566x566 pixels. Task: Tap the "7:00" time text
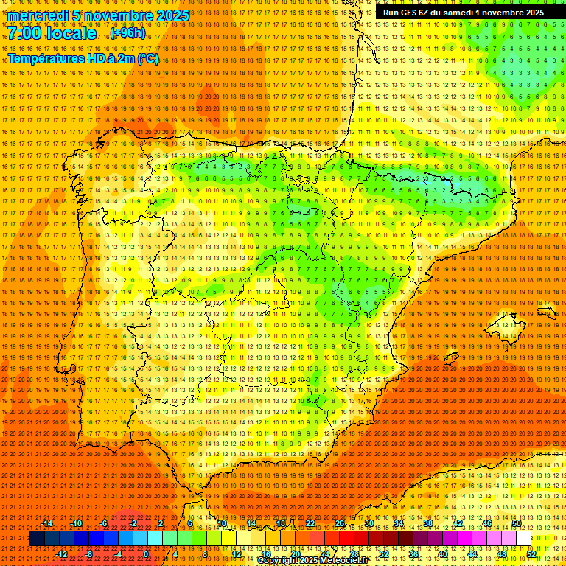(x=26, y=34)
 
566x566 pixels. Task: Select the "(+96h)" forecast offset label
(x=128, y=33)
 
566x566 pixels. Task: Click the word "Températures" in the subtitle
(x=44, y=58)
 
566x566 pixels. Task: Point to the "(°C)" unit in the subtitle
(x=147, y=58)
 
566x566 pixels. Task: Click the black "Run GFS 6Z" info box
(x=463, y=12)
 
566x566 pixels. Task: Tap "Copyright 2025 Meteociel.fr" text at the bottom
(x=323, y=561)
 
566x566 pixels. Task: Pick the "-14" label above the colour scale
(x=47, y=523)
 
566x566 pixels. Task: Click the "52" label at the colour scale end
(x=531, y=554)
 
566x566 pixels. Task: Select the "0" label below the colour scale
(x=146, y=554)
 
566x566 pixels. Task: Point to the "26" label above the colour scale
(x=340, y=523)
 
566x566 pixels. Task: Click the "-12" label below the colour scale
(x=62, y=554)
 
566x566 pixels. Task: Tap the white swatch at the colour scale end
(x=524, y=539)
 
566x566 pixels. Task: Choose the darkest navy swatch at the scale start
(x=38, y=539)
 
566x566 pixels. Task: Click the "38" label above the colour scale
(x=428, y=523)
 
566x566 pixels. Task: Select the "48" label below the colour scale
(x=502, y=554)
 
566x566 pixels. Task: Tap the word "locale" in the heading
(x=74, y=34)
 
